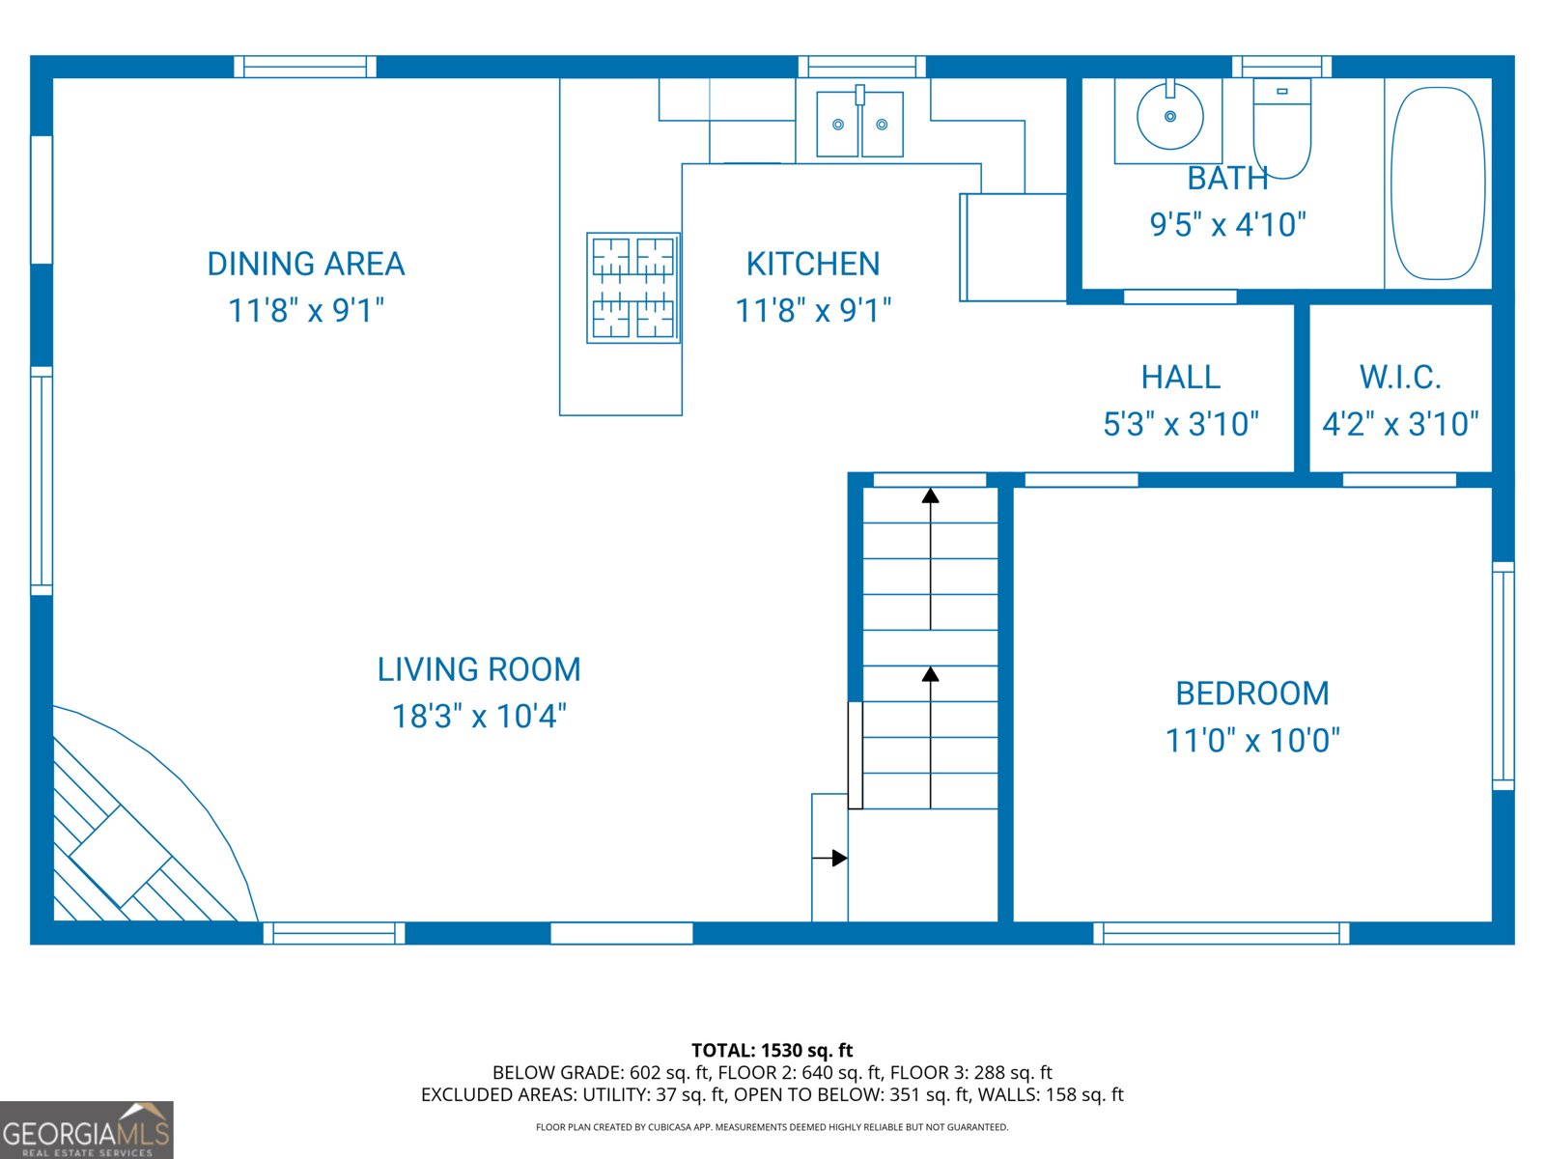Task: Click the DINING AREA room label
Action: click(305, 264)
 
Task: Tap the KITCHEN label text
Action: click(812, 264)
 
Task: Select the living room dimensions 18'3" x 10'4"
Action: click(479, 717)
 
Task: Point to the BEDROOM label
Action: click(1251, 693)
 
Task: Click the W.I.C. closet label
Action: click(1399, 377)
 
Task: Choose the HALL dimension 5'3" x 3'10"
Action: click(1181, 424)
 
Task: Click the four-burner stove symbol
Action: click(633, 288)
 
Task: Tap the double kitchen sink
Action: click(859, 124)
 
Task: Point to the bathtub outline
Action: click(1437, 184)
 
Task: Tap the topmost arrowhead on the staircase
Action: click(930, 496)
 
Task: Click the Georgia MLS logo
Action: click(86, 1130)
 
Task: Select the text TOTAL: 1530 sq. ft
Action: click(772, 1050)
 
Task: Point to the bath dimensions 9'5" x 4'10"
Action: click(1227, 225)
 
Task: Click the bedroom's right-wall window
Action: click(1503, 676)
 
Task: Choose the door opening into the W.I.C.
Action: click(1398, 480)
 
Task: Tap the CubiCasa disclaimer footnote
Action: click(772, 1127)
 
